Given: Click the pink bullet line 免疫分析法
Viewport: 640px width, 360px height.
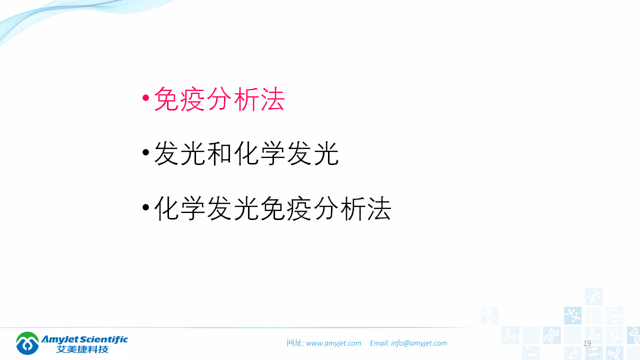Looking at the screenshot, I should [219, 99].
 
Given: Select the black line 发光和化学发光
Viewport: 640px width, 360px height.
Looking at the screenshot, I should [246, 153].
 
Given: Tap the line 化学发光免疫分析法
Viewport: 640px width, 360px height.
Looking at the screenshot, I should [272, 208].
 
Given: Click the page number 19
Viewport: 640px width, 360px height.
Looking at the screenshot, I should [587, 343].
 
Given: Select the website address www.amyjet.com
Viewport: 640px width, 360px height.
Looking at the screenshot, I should [333, 343].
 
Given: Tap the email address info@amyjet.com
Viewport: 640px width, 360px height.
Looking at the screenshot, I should [419, 343].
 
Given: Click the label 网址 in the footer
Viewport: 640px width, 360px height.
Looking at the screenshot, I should [294, 343].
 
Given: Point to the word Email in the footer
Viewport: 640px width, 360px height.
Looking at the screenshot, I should [379, 343].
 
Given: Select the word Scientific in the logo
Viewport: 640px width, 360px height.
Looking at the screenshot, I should [105, 339].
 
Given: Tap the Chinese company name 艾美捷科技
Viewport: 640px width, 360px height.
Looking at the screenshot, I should [82, 349].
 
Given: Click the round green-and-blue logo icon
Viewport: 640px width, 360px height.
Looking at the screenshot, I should [27, 343].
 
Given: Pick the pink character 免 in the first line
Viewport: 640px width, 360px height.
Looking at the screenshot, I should [166, 99].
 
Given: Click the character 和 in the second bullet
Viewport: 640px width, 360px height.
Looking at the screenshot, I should [219, 153].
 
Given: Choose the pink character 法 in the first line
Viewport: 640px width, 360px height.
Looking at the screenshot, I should [272, 99].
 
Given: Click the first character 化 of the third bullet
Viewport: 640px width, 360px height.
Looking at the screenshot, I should [166, 208].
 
